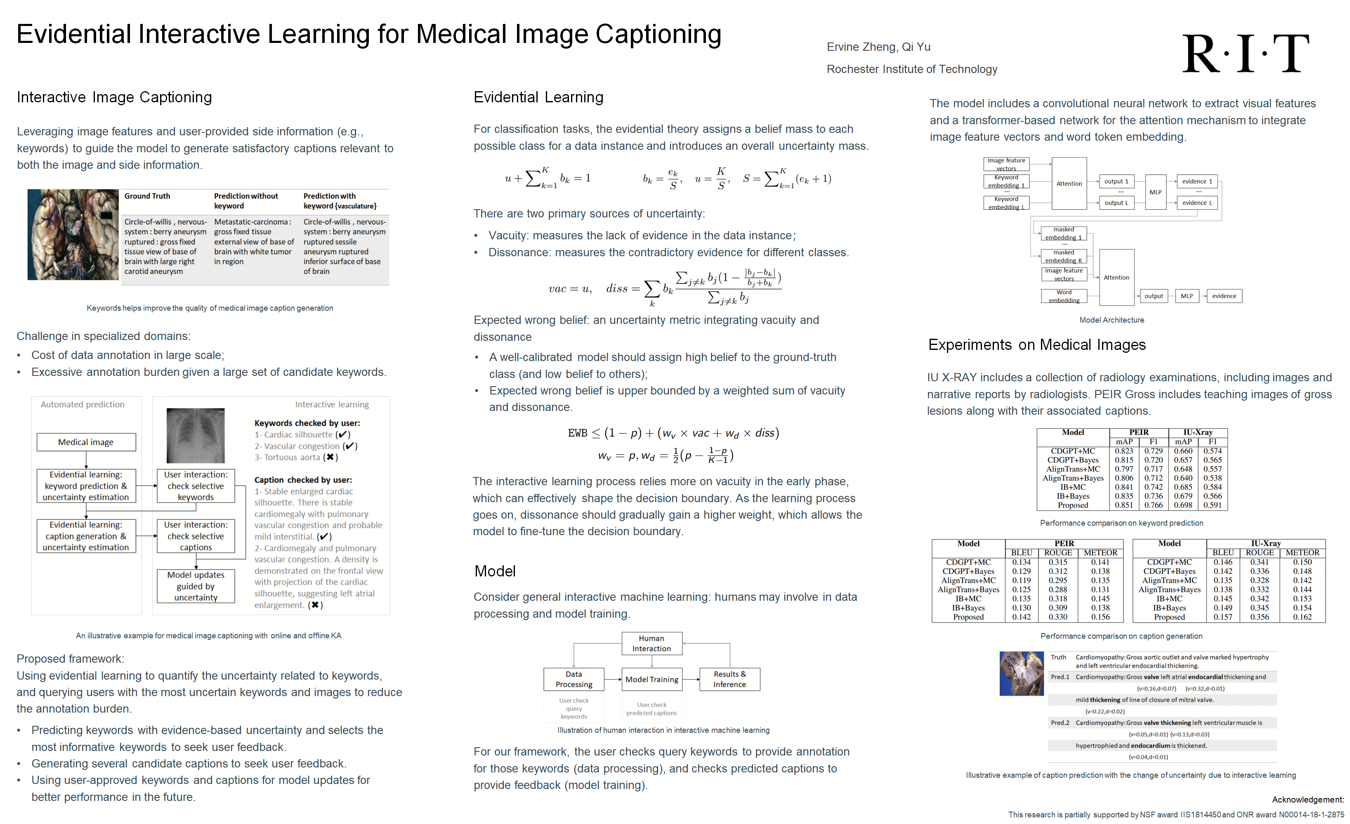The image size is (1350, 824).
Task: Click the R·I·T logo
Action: pos(1245,54)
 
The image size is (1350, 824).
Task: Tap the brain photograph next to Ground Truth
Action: pos(73,234)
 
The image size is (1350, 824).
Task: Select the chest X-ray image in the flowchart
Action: pos(196,436)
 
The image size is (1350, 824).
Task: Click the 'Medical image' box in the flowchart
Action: pos(86,442)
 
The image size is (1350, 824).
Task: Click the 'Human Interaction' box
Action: pos(651,644)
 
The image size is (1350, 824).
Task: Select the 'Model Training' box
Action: pos(651,679)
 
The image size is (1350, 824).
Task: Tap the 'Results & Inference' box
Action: pos(729,679)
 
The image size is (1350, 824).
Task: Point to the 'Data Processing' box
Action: pos(574,679)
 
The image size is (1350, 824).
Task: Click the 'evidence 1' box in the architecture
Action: pos(1197,181)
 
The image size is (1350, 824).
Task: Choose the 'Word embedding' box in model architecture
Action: pos(1064,296)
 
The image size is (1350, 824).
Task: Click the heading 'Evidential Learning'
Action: pos(538,97)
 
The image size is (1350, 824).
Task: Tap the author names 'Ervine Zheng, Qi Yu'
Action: pos(878,47)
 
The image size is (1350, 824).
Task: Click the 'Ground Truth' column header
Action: pos(147,196)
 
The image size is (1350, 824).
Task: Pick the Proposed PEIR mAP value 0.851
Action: pos(1124,505)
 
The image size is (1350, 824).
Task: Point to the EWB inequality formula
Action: pos(673,433)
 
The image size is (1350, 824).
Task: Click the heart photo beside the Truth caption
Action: pos(1021,673)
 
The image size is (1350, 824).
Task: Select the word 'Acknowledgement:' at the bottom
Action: pos(1307,800)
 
